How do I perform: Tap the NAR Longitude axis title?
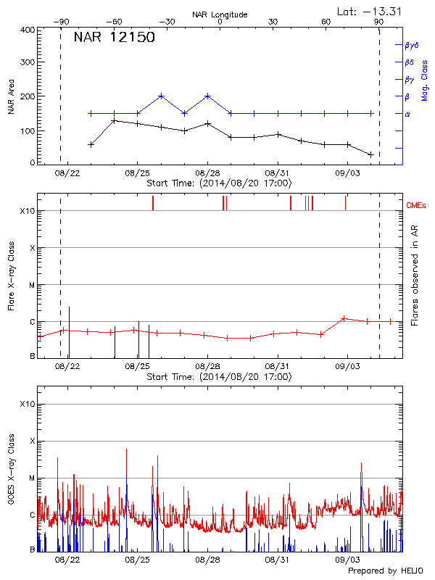[220, 14]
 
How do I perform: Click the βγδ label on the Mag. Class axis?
[411, 45]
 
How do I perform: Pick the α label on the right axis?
[407, 114]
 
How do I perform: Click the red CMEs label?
[417, 206]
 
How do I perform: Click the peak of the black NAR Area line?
[114, 120]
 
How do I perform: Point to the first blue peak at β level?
[161, 96]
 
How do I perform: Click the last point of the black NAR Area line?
[370, 154]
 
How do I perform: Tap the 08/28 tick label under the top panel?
[207, 174]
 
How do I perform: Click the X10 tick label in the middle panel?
[28, 211]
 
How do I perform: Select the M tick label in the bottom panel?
[32, 478]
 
